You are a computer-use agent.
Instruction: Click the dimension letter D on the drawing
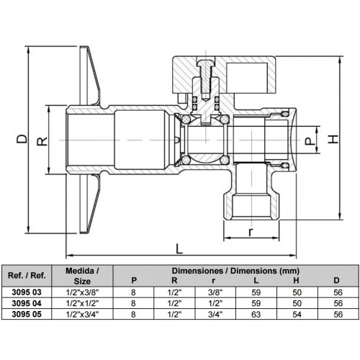click(22, 139)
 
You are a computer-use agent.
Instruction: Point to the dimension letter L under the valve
click(179, 248)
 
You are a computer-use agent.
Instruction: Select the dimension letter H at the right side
click(333, 139)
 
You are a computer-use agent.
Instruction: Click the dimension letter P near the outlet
click(310, 141)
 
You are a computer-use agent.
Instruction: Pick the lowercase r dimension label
click(251, 232)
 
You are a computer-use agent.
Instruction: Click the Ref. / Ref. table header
click(27, 275)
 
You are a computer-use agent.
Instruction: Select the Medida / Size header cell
click(82, 276)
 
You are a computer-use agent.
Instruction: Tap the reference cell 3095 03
click(27, 292)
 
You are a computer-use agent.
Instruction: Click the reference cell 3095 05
click(27, 314)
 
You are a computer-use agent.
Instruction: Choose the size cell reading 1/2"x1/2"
click(82, 303)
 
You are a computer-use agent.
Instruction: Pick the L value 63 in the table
click(256, 314)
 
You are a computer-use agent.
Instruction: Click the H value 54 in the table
click(297, 314)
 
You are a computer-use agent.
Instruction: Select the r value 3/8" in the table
click(215, 292)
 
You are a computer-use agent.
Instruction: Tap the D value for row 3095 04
click(338, 303)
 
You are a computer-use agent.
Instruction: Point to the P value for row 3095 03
click(133, 292)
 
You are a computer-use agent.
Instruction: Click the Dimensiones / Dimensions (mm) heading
click(235, 271)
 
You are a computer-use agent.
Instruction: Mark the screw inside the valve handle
click(206, 78)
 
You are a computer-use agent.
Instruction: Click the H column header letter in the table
click(296, 280)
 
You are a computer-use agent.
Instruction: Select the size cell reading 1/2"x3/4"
click(82, 314)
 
